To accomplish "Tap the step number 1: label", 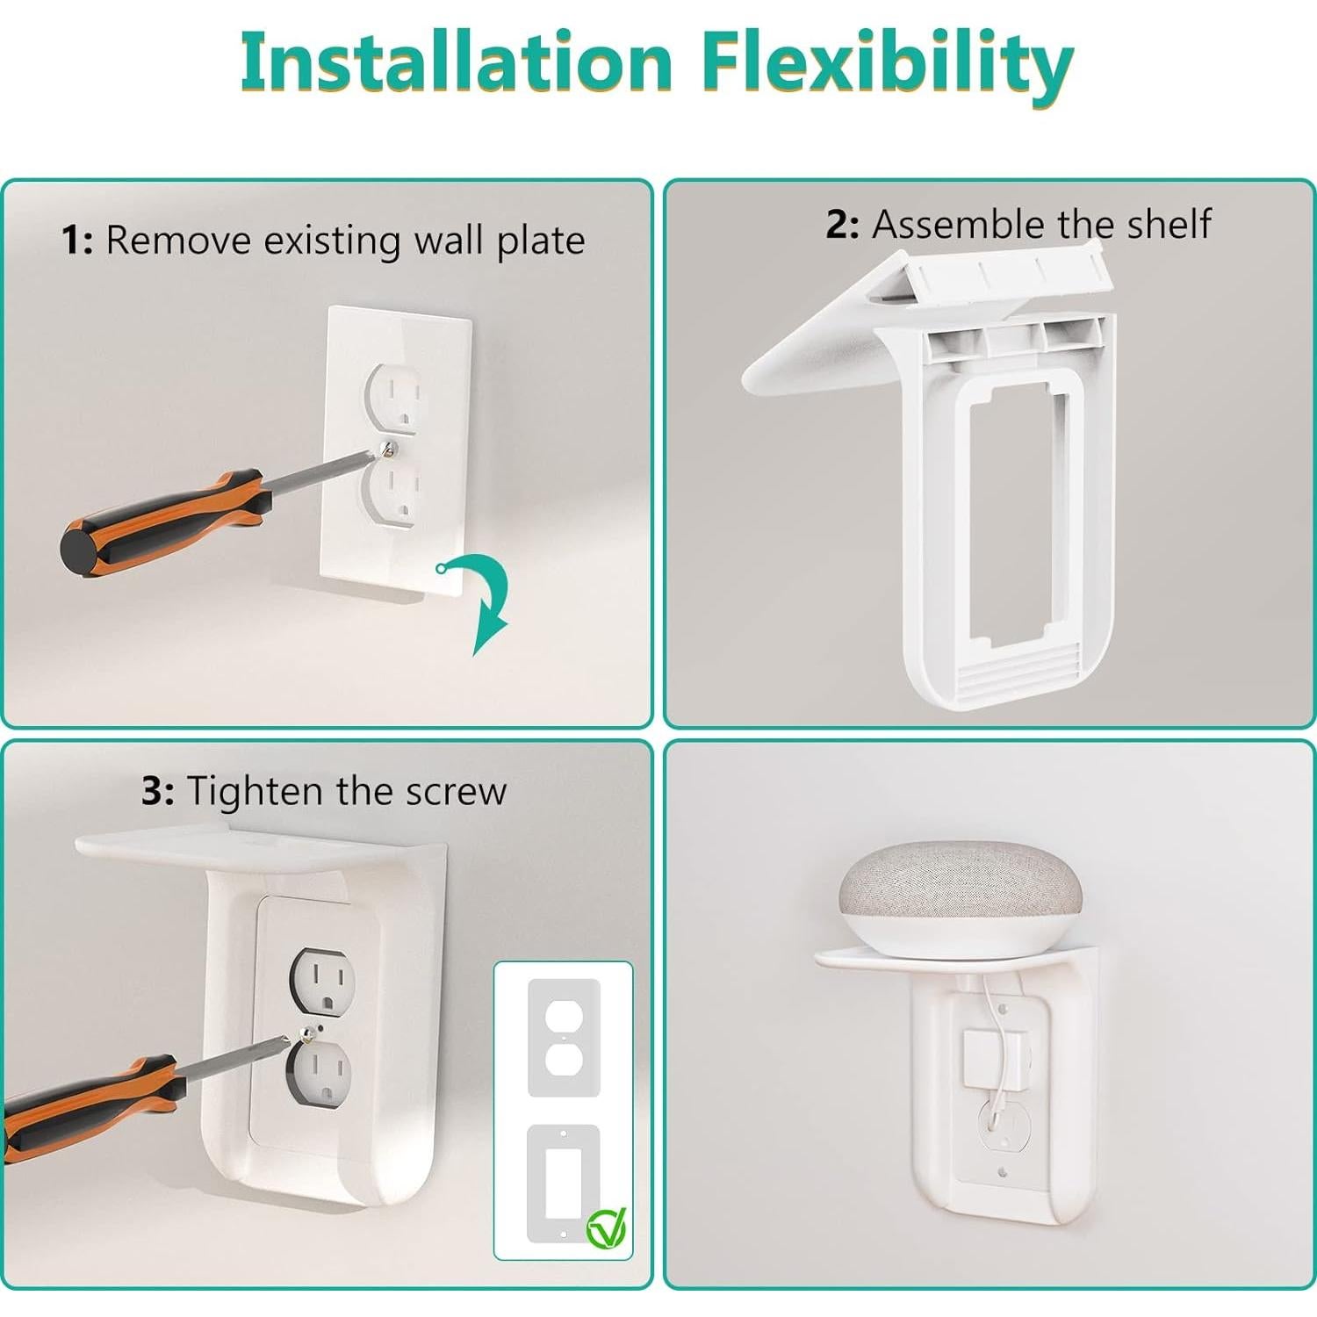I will [x=77, y=241].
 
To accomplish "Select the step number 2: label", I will [x=842, y=225].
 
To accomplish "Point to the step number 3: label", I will [x=157, y=792].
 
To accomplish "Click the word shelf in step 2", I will [x=1169, y=225].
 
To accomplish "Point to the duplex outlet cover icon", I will [x=563, y=1037].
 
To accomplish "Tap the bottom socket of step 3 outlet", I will [x=321, y=1076].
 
